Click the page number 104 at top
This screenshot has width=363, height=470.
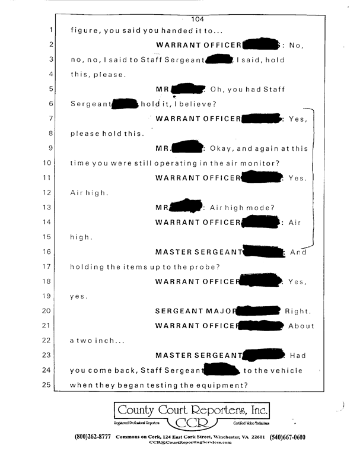coord(198,20)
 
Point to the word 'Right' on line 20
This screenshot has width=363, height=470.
coord(297,311)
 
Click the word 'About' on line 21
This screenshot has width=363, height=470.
coord(301,326)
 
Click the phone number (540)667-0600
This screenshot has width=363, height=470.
coord(287,437)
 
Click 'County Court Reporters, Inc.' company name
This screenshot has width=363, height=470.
coord(192,410)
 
